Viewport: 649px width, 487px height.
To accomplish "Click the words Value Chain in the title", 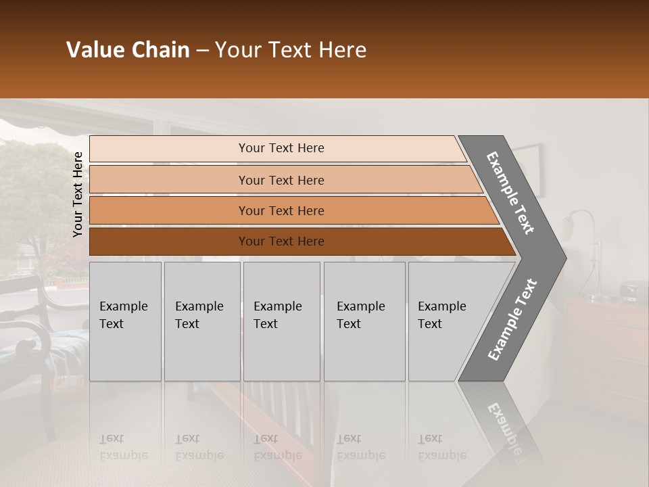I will point(128,50).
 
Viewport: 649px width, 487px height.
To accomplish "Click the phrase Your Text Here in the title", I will point(291,50).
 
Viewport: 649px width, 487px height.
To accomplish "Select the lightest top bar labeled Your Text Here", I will point(281,148).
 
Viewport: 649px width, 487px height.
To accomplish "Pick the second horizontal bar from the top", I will point(281,180).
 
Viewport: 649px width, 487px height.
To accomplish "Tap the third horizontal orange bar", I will point(281,210).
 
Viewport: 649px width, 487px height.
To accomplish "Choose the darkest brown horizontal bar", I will point(281,241).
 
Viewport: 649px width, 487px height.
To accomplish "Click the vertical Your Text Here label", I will point(78,194).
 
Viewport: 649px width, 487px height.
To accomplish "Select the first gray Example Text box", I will point(125,321).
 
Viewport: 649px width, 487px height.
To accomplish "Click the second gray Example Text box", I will point(201,321).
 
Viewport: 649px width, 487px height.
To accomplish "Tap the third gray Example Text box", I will point(281,321).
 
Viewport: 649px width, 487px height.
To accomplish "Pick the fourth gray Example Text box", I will point(364,321).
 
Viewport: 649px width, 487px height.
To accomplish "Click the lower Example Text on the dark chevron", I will point(512,320).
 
